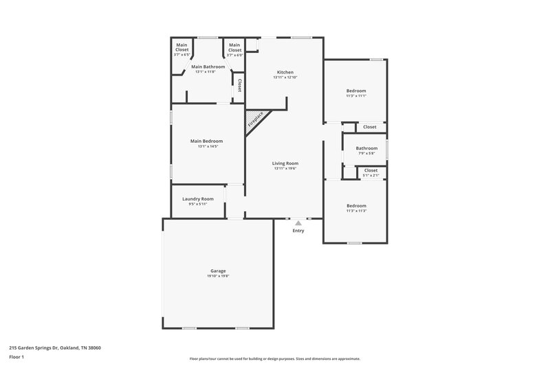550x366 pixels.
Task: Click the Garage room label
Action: tap(218, 271)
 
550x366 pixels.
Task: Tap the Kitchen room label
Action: tap(285, 72)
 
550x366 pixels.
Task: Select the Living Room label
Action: tap(285, 163)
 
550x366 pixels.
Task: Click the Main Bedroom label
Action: tap(206, 141)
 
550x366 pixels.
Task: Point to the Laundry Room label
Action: tap(197, 198)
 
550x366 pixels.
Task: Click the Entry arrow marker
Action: tap(298, 222)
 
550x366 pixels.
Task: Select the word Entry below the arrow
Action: tap(298, 231)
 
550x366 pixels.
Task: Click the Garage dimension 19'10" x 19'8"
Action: tap(218, 276)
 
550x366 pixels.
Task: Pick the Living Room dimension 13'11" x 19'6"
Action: tap(285, 168)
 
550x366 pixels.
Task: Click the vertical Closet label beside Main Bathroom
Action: tap(239, 86)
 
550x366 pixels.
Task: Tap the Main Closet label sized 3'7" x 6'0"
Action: tap(235, 48)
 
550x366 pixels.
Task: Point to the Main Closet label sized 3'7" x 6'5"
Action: tap(181, 48)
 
